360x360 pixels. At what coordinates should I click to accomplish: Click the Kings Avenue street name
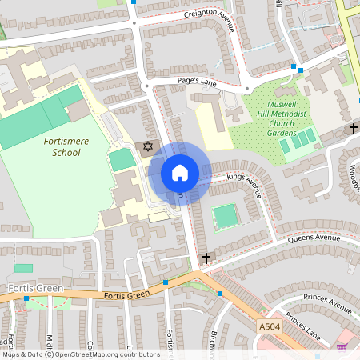(x=245, y=184)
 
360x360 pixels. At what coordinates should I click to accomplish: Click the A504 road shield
(x=270, y=326)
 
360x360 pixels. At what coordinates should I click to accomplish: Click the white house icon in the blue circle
(x=180, y=173)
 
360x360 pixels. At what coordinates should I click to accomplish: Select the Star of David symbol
(x=146, y=146)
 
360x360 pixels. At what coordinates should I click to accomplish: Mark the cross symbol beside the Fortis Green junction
(x=207, y=258)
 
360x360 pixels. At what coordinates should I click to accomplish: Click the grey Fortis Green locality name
(x=28, y=287)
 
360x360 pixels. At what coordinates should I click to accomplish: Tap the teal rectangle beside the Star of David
(x=122, y=158)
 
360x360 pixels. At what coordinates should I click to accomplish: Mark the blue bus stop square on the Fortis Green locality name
(x=26, y=298)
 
